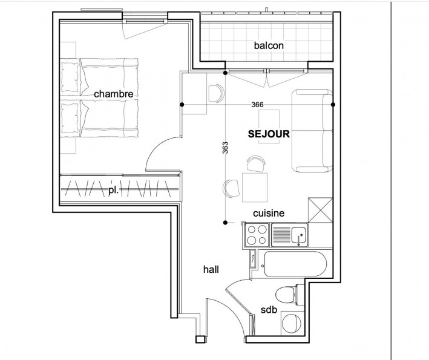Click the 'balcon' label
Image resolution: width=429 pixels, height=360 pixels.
click(x=269, y=45)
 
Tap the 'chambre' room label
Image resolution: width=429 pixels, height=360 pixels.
click(x=113, y=94)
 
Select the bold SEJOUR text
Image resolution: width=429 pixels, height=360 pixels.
click(x=269, y=134)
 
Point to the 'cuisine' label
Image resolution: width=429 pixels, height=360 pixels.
click(x=269, y=213)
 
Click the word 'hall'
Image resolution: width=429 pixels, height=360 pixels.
click(x=211, y=270)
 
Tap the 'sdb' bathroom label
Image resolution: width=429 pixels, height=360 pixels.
click(x=269, y=310)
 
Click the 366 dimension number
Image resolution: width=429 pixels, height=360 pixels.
click(x=257, y=104)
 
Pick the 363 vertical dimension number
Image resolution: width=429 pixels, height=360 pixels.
click(x=224, y=149)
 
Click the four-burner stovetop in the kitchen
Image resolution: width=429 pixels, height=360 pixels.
click(x=256, y=235)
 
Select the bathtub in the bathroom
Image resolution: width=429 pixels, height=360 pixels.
click(x=294, y=265)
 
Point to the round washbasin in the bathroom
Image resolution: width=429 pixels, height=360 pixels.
click(x=292, y=322)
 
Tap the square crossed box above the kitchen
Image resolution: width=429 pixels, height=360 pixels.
click(x=319, y=210)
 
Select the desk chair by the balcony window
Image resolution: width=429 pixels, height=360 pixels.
click(x=216, y=93)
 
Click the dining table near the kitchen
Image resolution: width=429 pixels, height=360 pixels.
click(x=255, y=187)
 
